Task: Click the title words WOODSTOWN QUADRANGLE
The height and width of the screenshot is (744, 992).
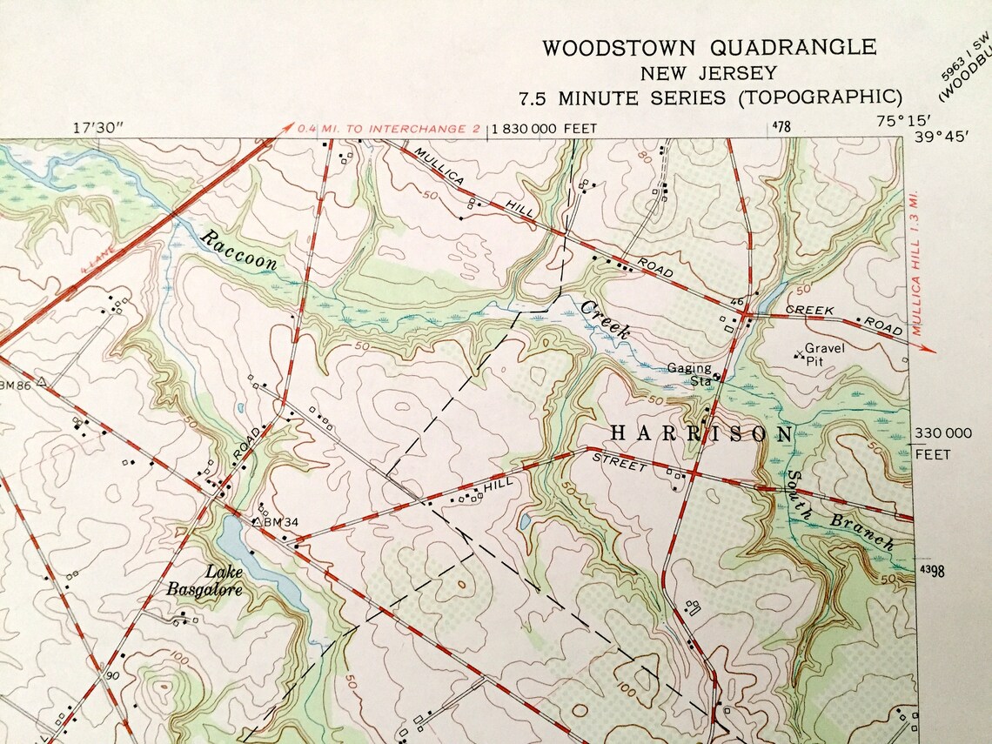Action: [709, 48]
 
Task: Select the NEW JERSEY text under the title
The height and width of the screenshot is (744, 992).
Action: [708, 73]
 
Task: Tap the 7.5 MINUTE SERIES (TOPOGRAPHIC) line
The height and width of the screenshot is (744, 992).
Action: [709, 97]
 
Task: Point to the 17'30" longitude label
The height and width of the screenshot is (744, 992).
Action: [98, 127]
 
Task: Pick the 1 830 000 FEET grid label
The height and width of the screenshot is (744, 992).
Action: [545, 129]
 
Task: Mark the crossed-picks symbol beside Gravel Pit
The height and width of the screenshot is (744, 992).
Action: [799, 355]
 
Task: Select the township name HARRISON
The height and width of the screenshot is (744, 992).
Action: [701, 432]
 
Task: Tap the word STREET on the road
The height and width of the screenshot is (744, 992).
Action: [620, 464]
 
